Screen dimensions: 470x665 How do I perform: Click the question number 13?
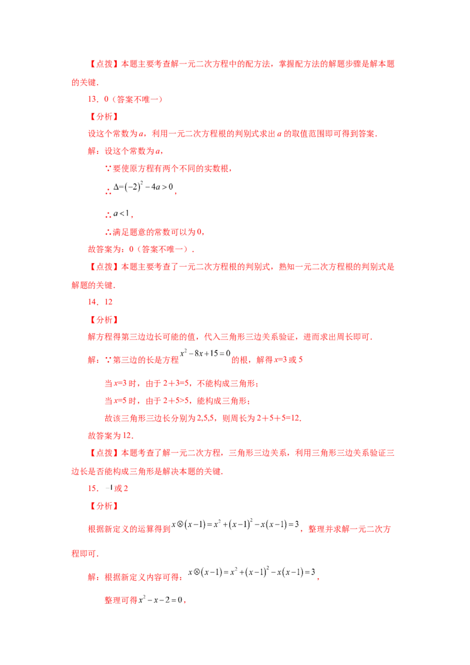(x=93, y=99)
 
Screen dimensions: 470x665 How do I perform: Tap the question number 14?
(x=93, y=302)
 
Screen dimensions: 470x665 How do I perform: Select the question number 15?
(x=93, y=488)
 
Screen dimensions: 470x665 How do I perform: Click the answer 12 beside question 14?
(x=109, y=302)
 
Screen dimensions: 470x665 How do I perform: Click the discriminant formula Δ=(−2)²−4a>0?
(x=143, y=187)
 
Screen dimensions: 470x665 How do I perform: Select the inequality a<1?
(x=121, y=213)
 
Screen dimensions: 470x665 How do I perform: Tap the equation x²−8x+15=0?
(x=205, y=353)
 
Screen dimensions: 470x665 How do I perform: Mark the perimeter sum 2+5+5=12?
(x=278, y=418)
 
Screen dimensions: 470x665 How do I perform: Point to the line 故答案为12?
(x=110, y=435)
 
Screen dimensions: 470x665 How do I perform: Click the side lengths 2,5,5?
(x=206, y=418)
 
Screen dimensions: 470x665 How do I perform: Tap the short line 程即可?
(x=85, y=553)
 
